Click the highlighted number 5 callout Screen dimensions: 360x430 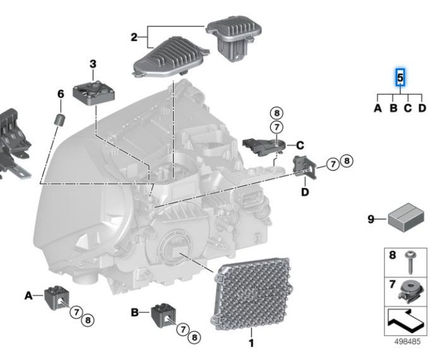pyautogui.click(x=400, y=78)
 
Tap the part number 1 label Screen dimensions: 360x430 pyautogui.click(x=251, y=344)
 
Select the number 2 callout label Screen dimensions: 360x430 pyautogui.click(x=134, y=37)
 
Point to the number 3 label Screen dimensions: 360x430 pyautogui.click(x=93, y=64)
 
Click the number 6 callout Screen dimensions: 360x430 pyautogui.click(x=61, y=94)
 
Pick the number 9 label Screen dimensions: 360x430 pyautogui.click(x=371, y=220)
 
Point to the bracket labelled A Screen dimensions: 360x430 pyautogui.click(x=56, y=297)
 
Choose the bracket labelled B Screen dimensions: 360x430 pyautogui.click(x=163, y=315)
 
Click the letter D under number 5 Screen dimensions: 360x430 pyautogui.click(x=422, y=108)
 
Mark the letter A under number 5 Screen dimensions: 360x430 pyautogui.click(x=378, y=108)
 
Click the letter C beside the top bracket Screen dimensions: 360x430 pyautogui.click(x=300, y=145)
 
